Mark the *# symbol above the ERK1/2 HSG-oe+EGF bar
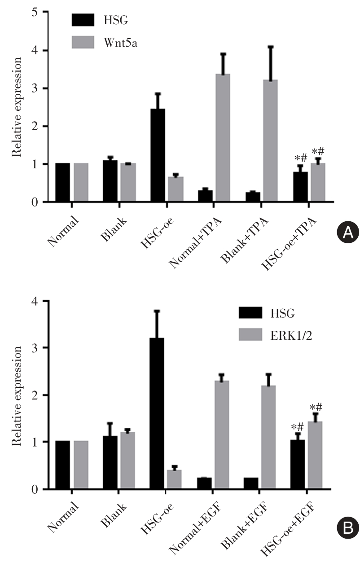click(317, 408)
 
